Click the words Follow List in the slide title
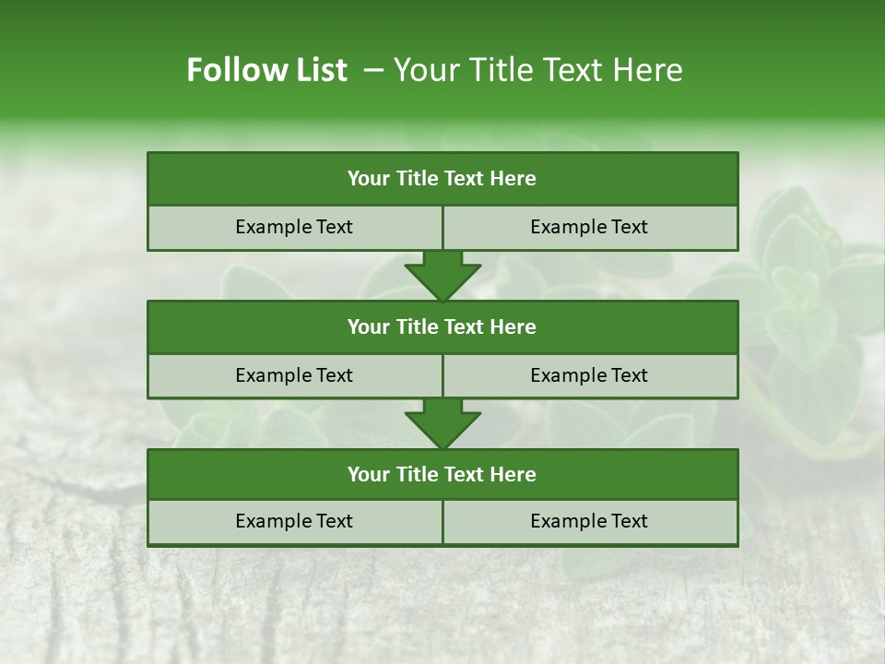pos(267,70)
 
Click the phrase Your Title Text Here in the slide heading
pos(537,70)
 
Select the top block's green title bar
pos(442,179)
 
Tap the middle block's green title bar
pos(442,326)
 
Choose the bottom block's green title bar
pos(442,474)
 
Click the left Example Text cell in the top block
pos(294,227)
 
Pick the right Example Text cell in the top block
pos(589,227)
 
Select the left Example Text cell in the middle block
pos(294,375)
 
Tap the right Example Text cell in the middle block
pos(589,375)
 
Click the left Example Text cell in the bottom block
pos(294,521)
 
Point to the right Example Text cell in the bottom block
pos(589,521)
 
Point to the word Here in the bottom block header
pos(513,474)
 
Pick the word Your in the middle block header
pos(368,326)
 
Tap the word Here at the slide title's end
pos(649,70)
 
